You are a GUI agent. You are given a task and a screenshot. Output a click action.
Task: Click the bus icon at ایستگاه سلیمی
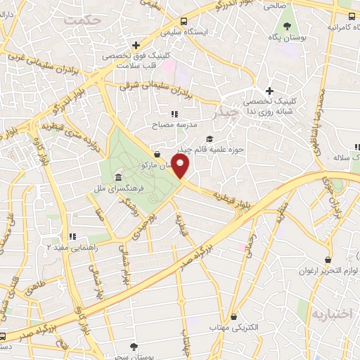tap(184, 21)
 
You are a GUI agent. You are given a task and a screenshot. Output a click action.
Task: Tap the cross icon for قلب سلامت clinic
tap(136, 44)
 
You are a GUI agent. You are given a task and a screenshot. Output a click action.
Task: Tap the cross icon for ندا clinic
tap(269, 91)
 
